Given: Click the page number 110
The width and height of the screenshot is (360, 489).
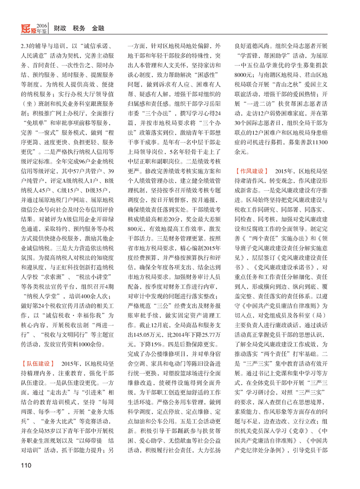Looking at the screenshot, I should (25, 467).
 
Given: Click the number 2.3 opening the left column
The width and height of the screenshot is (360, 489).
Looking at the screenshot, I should (26, 46).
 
